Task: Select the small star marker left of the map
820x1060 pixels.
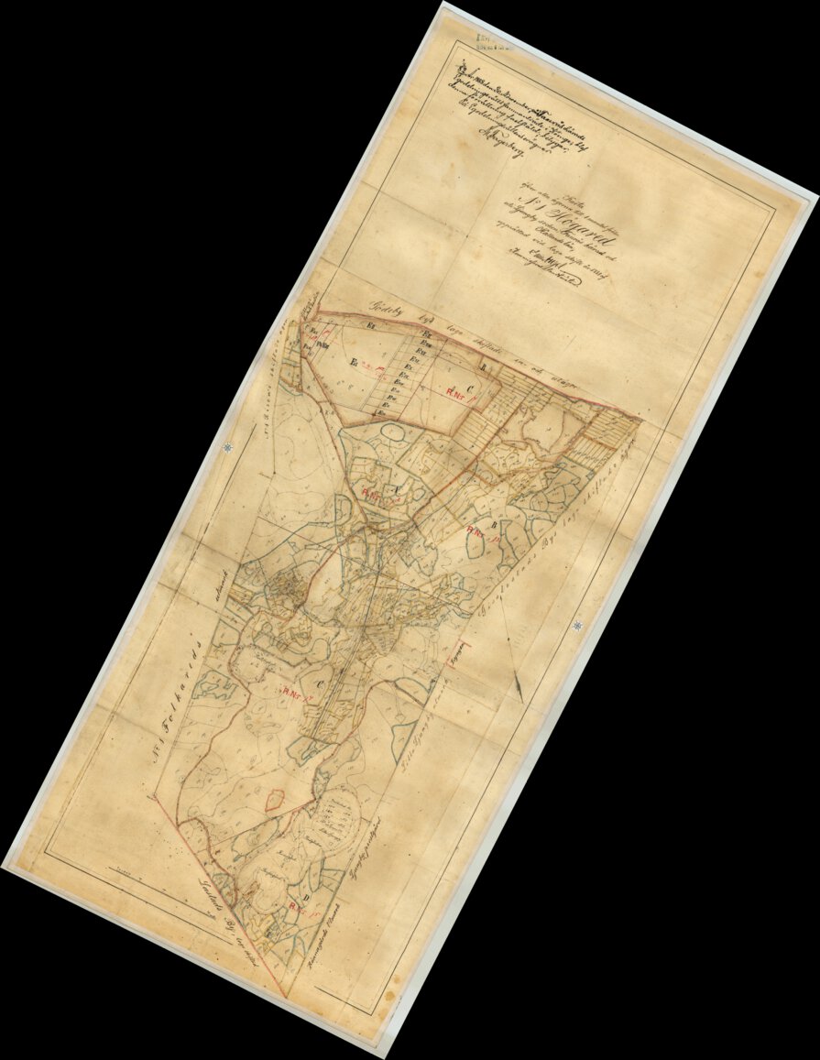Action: [227, 446]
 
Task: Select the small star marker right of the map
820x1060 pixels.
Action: [578, 626]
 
